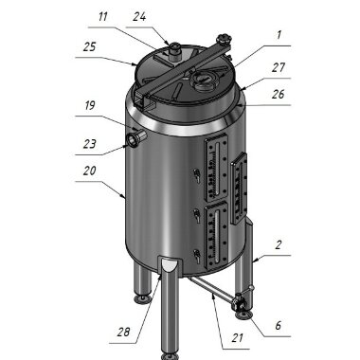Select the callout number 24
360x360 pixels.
coord(139,16)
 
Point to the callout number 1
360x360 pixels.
coord(278,35)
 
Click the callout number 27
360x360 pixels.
coord(279,69)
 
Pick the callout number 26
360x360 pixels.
coord(278,95)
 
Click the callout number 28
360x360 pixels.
coord(123,331)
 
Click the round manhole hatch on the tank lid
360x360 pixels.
coord(203,81)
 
